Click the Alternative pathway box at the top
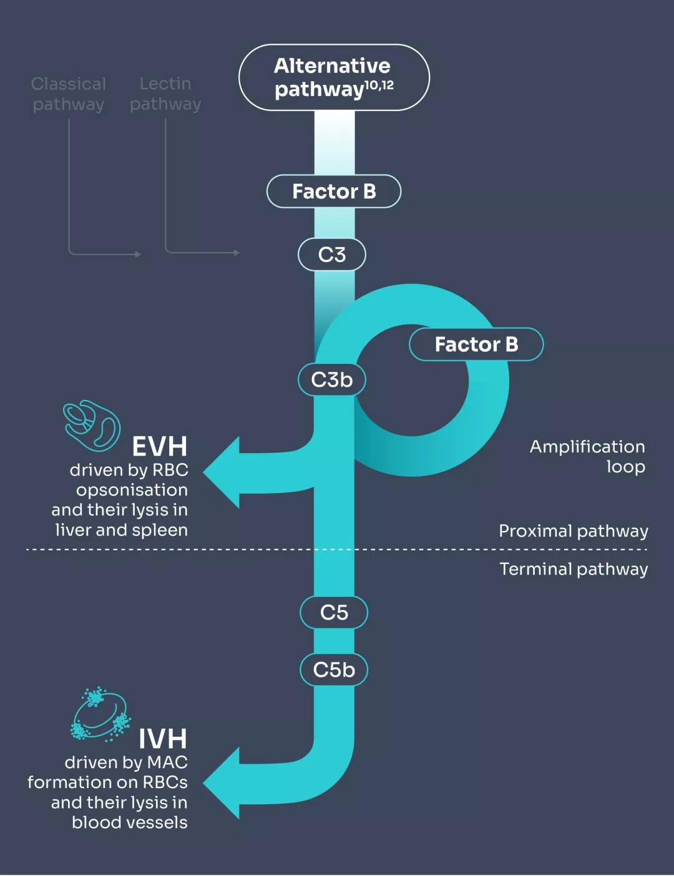(334, 77)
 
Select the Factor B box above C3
(334, 191)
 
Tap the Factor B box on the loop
(476, 344)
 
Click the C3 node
(332, 255)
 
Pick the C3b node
(332, 379)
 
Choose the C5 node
(334, 612)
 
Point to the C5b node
(334, 669)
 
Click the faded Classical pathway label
(69, 94)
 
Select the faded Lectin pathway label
(165, 94)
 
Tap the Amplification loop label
(587, 456)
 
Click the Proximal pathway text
(574, 531)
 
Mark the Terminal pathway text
(574, 569)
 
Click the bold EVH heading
(160, 447)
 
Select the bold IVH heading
(162, 739)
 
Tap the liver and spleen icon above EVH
(92, 426)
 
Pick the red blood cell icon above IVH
(100, 714)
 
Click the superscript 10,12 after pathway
(379, 85)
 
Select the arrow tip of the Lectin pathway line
(237, 253)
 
